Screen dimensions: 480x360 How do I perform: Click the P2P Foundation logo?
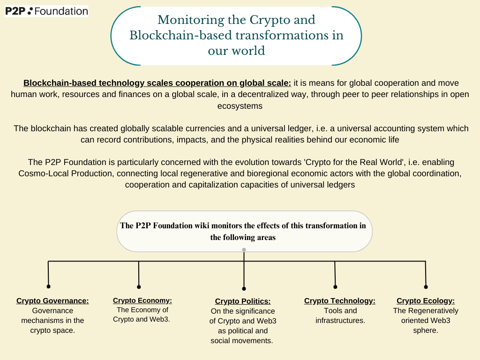[46, 11]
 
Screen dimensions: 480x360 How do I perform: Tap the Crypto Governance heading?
[52, 300]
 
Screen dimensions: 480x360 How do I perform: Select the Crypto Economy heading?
[142, 300]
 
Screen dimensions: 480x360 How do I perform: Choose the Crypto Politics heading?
[243, 301]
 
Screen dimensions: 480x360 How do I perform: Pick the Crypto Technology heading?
[339, 300]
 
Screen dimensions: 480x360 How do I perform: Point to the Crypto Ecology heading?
[426, 300]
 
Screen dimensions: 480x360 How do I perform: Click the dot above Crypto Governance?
[48, 286]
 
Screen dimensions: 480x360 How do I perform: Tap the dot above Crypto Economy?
[139, 287]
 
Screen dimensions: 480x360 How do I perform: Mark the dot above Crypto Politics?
[244, 289]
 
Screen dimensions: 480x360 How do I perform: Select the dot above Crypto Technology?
[335, 287]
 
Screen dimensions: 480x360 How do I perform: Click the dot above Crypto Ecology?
[426, 287]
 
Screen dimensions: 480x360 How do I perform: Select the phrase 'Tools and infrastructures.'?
[340, 315]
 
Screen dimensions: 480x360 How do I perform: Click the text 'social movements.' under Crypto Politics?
[241, 341]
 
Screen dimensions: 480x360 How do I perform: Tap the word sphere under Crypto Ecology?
[425, 330]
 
